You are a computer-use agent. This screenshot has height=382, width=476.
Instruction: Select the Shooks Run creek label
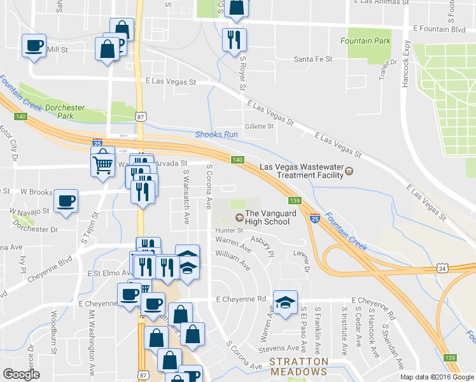point(216,134)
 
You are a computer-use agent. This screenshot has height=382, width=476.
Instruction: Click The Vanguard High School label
point(272,218)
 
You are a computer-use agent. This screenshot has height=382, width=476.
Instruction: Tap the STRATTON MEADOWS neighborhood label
point(298,371)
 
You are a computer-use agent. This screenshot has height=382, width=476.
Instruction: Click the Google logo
point(21,374)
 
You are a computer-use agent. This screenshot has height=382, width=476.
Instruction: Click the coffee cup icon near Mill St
point(34,46)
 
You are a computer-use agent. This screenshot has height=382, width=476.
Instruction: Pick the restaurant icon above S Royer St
point(234,39)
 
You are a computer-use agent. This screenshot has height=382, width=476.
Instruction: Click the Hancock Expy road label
point(405,64)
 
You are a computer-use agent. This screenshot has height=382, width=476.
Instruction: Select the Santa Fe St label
point(313,59)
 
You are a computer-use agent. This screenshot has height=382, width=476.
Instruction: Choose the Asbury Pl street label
point(261,244)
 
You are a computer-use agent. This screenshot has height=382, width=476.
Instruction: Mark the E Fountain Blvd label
point(438,29)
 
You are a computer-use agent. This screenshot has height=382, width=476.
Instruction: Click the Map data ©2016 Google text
point(437,376)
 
